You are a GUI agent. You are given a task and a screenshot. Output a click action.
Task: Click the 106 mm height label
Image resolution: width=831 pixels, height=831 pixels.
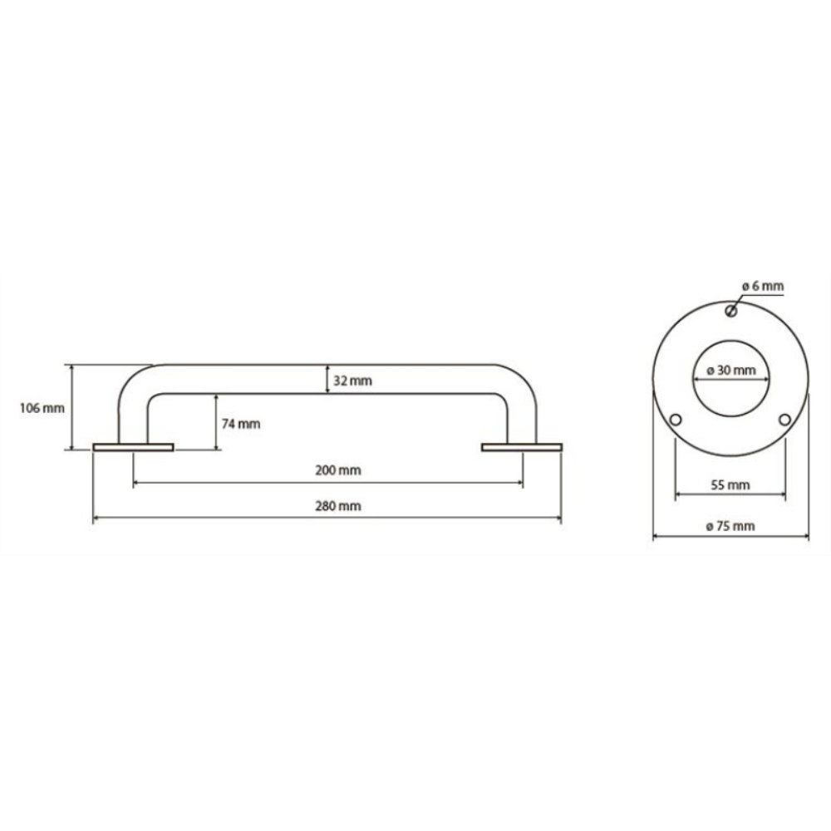[42, 408]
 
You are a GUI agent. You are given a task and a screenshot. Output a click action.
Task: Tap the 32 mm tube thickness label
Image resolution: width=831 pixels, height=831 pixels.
[352, 381]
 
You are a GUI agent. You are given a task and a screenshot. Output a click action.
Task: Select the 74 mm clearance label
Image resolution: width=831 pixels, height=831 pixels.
[241, 424]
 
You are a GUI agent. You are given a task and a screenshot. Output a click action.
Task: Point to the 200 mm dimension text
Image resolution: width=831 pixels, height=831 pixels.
[338, 470]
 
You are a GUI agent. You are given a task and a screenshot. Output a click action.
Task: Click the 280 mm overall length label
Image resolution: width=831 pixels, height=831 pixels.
[338, 506]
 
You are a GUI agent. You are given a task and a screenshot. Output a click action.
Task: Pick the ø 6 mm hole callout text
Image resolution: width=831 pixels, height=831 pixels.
[763, 286]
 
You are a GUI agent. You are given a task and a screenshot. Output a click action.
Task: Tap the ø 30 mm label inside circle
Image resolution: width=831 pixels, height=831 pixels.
[731, 370]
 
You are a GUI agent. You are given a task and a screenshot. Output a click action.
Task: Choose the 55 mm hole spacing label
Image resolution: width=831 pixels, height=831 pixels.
[730, 485]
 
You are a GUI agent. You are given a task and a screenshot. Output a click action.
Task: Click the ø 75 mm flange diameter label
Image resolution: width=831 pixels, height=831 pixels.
[730, 526]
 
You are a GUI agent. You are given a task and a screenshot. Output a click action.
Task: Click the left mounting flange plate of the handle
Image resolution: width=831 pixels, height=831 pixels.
[133, 447]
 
